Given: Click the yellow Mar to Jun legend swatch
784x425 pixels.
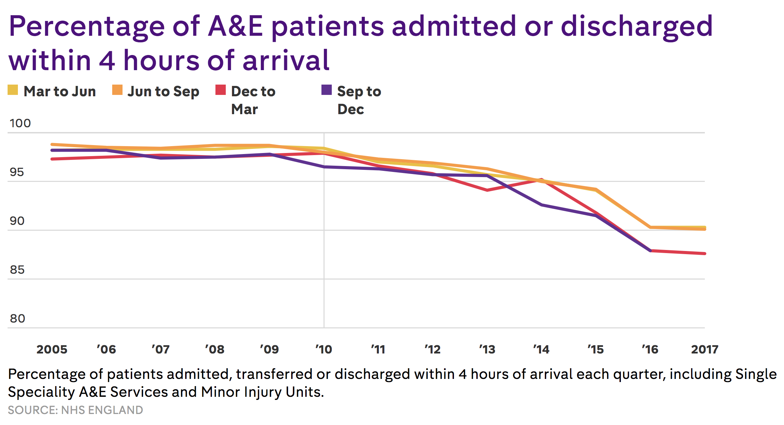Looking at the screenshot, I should pyautogui.click(x=13, y=90).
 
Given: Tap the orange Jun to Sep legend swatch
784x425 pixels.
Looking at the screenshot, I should pyautogui.click(x=117, y=90).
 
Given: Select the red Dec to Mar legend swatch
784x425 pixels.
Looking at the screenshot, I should pyautogui.click(x=221, y=90).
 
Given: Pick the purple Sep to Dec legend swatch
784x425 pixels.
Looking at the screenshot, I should pyautogui.click(x=327, y=90).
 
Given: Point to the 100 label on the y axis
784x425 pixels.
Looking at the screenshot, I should pyautogui.click(x=20, y=123).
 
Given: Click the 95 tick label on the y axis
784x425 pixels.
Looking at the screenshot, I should pyautogui.click(x=17, y=172).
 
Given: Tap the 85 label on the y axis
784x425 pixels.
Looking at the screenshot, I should pyautogui.click(x=17, y=270).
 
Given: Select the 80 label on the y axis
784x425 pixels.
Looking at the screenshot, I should pyautogui.click(x=17, y=318).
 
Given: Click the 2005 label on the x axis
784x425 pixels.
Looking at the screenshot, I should pyautogui.click(x=52, y=349).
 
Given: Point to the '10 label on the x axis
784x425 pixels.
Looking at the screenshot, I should pyautogui.click(x=324, y=349).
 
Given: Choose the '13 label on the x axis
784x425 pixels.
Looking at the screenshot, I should pyautogui.click(x=487, y=349).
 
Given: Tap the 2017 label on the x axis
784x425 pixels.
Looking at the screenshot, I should pyautogui.click(x=704, y=349).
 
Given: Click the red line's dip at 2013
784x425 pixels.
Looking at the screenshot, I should pyautogui.click(x=487, y=190).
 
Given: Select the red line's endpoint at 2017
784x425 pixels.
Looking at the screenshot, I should pyautogui.click(x=704, y=253).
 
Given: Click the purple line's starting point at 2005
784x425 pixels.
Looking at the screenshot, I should pyautogui.click(x=52, y=150).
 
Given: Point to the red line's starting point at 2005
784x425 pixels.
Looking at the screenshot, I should pyautogui.click(x=52, y=159).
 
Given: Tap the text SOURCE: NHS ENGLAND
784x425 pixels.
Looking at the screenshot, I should pyautogui.click(x=75, y=410).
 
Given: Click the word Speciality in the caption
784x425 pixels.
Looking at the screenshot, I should pyautogui.click(x=41, y=392).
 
